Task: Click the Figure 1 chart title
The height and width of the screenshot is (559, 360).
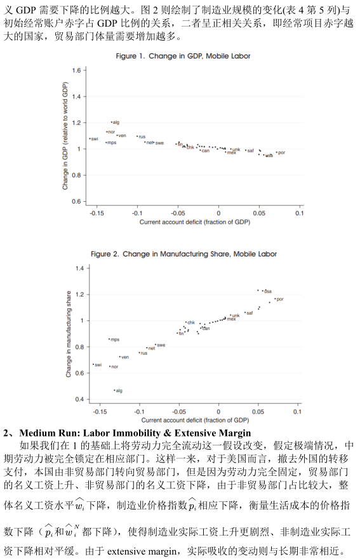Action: [x=183, y=56]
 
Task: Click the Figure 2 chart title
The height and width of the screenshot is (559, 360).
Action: [x=183, y=254]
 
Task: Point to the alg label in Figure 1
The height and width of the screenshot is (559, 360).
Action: [x=116, y=122]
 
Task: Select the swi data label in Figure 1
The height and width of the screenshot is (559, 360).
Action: [x=95, y=139]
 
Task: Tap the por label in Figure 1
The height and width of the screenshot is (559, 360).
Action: [x=281, y=152]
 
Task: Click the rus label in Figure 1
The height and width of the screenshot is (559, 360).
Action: [x=142, y=136]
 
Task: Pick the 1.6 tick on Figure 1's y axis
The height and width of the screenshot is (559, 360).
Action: [x=76, y=70]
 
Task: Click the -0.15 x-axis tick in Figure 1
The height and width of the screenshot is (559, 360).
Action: [x=97, y=213]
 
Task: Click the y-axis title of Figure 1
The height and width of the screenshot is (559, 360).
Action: [x=65, y=136]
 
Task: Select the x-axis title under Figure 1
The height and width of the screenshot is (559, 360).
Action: [x=195, y=222]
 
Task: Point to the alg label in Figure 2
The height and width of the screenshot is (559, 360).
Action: [x=119, y=391]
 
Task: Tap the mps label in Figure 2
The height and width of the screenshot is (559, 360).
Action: [x=115, y=339]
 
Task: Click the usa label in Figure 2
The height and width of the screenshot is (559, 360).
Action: [x=268, y=291]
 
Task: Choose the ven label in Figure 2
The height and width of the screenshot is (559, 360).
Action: [x=125, y=357]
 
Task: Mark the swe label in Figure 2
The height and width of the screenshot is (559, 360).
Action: [x=161, y=345]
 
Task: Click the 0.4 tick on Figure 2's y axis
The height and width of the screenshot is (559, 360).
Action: [x=79, y=399]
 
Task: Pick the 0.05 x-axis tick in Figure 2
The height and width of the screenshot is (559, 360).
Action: [x=258, y=411]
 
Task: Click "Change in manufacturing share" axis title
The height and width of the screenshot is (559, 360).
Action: [x=69, y=334]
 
